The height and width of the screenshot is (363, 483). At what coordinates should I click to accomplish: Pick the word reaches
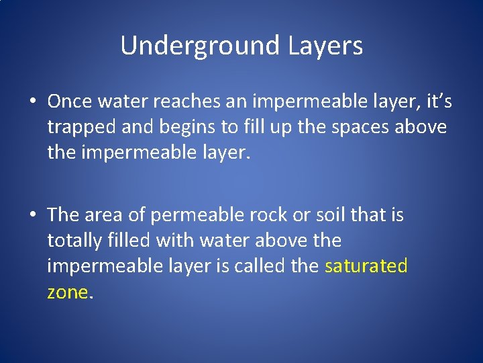[191, 102]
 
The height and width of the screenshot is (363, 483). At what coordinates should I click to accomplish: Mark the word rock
[264, 214]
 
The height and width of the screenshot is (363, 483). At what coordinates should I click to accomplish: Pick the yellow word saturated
[366, 266]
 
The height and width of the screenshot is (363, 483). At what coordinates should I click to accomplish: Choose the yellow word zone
[67, 291]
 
